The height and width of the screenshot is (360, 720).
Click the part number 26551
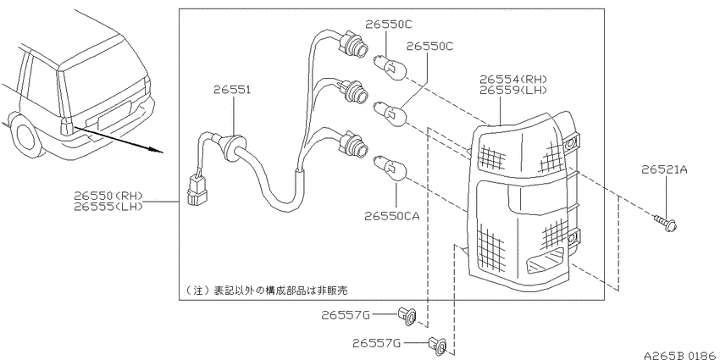[232, 90]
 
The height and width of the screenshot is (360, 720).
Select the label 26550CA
[391, 216]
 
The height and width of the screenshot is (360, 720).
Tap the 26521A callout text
[664, 170]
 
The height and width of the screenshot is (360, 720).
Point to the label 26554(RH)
[514, 80]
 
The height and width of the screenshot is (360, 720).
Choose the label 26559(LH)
[514, 91]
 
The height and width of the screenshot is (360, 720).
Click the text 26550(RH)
[108, 196]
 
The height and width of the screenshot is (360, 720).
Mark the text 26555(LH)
[108, 207]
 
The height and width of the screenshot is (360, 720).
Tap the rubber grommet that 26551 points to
[234, 147]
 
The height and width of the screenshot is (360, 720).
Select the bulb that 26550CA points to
[390, 165]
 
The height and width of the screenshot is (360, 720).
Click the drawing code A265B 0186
[681, 355]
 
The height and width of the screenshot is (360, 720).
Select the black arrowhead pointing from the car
[155, 149]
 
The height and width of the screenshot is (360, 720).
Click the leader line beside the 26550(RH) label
[161, 202]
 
